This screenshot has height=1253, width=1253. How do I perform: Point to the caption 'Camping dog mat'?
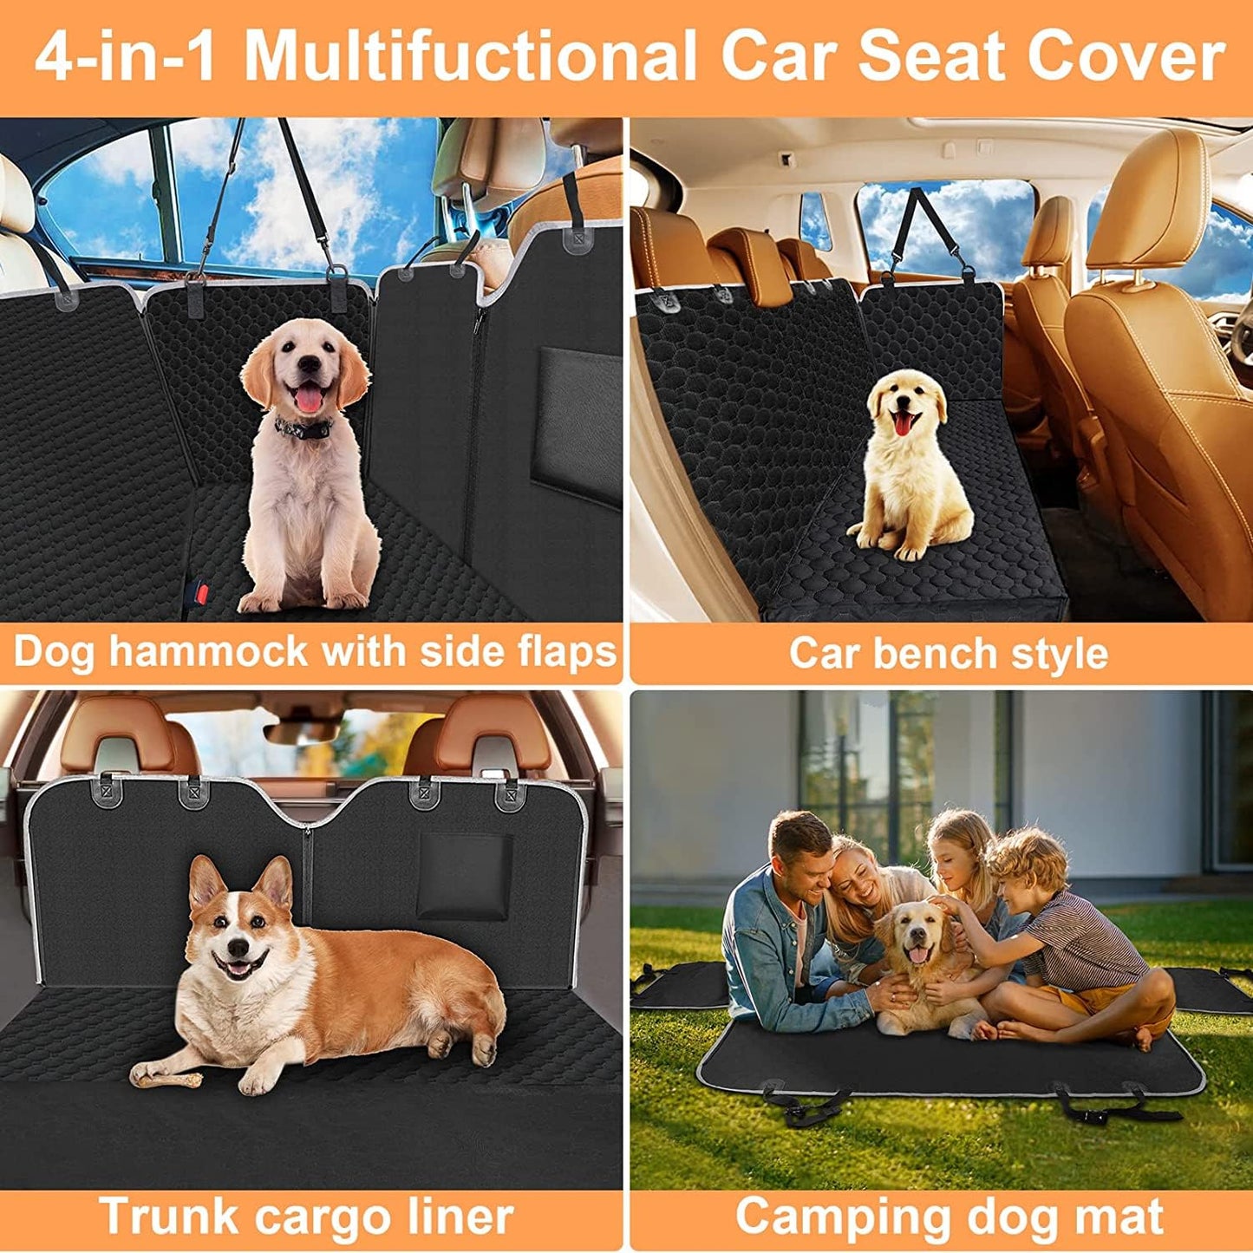pos(949,1216)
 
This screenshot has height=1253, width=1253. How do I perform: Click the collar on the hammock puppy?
pos(303,427)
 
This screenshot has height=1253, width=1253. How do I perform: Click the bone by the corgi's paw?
pos(166,1079)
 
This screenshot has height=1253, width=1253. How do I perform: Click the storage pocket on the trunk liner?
pos(464,878)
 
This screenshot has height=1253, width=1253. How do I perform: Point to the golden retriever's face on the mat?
pos(914,936)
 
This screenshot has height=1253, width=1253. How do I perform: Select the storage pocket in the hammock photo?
pos(579,425)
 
